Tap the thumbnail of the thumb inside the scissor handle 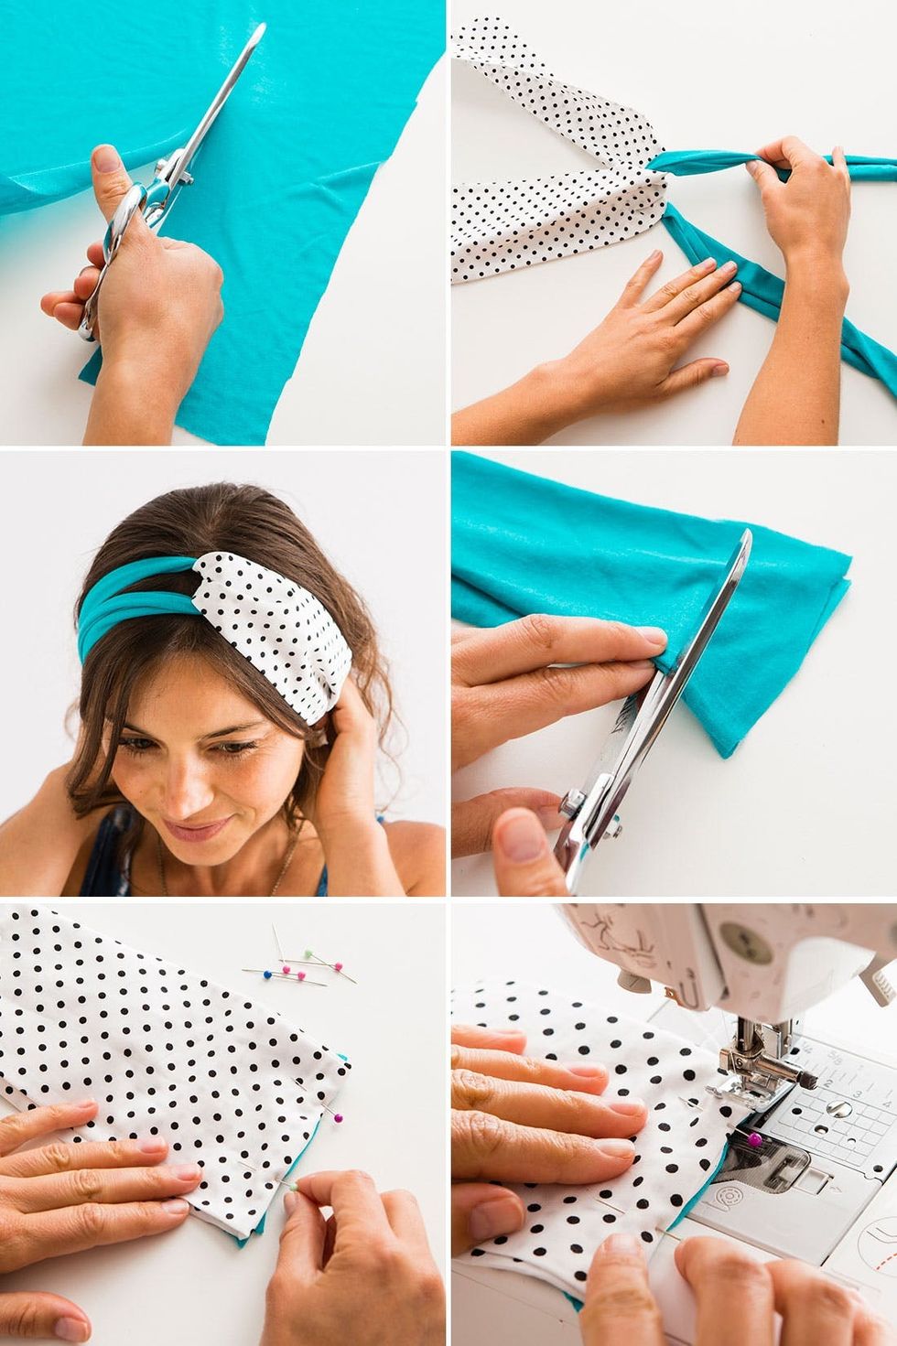(x=108, y=159)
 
